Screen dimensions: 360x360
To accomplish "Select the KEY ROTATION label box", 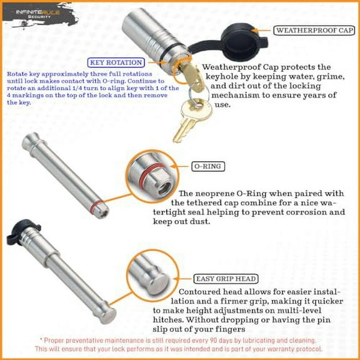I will (x=116, y=62).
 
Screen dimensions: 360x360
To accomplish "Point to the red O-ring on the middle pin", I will (x=94, y=205).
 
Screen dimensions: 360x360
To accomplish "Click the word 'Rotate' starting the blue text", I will (x=18, y=73).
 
